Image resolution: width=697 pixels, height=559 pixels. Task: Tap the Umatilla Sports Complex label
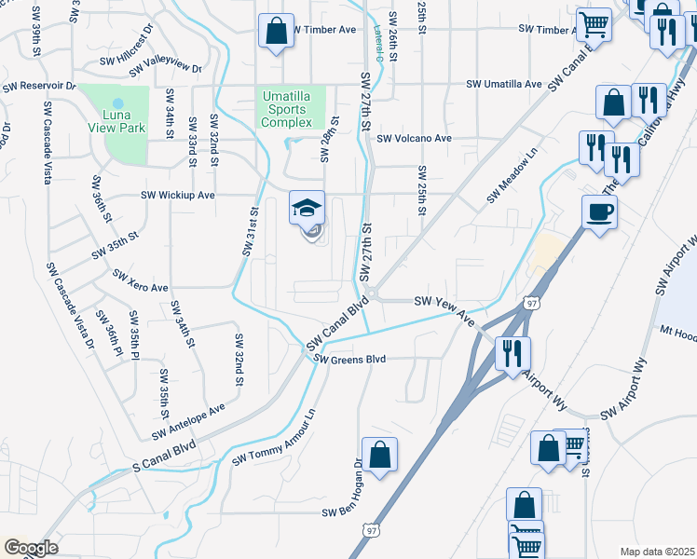[x=292, y=109]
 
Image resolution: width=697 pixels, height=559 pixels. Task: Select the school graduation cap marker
[x=307, y=209]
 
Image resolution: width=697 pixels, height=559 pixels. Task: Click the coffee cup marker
[x=599, y=212]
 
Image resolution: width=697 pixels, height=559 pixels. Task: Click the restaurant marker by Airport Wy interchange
[x=512, y=353]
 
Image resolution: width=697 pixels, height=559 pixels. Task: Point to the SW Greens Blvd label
[x=350, y=359]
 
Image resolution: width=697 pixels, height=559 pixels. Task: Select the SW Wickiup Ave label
[x=178, y=196]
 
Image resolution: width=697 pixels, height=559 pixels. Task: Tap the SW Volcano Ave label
[x=415, y=139]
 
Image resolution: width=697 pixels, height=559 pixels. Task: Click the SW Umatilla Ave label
[x=504, y=85]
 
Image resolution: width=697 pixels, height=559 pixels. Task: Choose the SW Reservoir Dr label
[x=39, y=87]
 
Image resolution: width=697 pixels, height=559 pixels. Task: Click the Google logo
[x=31, y=547]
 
